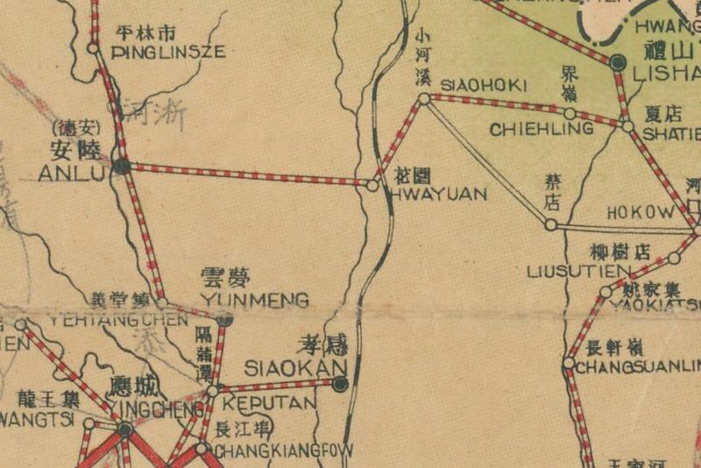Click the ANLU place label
click(x=71, y=174)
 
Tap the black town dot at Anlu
click(x=123, y=165)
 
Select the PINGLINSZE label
click(x=169, y=53)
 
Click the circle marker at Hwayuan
click(x=372, y=186)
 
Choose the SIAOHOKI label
click(x=483, y=85)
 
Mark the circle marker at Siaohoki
click(x=424, y=99)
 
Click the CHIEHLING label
click(x=542, y=130)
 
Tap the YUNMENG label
click(x=255, y=301)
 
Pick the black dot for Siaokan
click(x=340, y=383)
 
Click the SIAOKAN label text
click(x=295, y=367)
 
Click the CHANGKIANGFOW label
click(x=283, y=451)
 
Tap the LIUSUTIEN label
click(x=579, y=272)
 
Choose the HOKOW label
click(x=641, y=213)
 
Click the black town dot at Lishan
click(x=618, y=62)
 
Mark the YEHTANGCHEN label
click(x=118, y=320)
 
